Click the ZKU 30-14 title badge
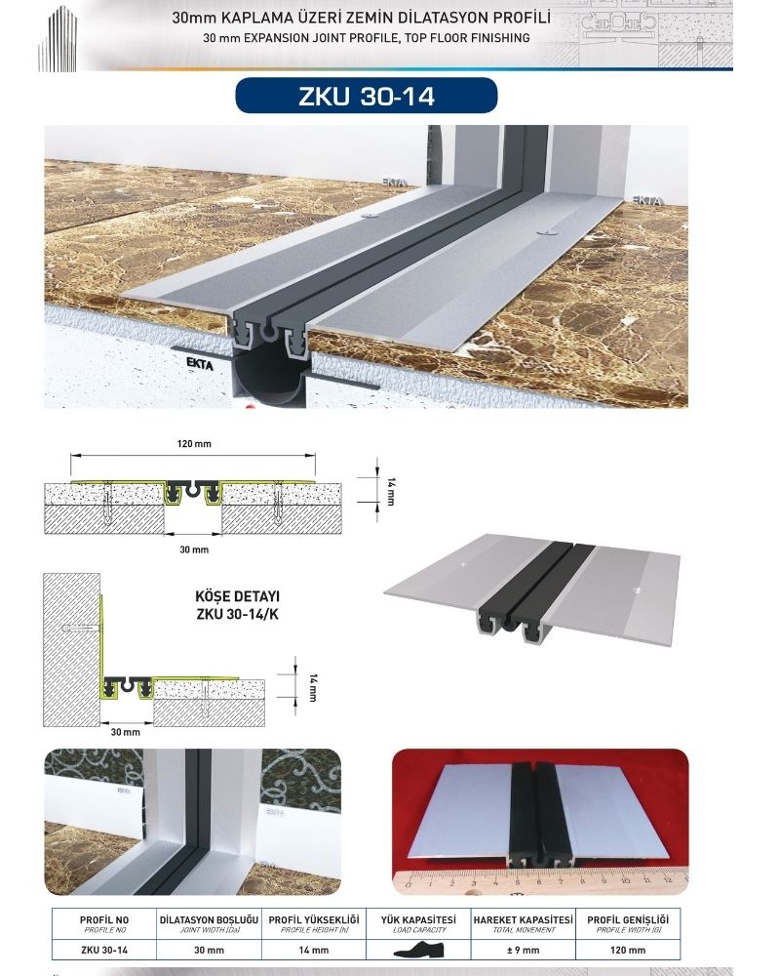click(x=367, y=96)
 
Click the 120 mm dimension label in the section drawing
click(x=194, y=444)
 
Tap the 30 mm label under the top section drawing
click(x=194, y=549)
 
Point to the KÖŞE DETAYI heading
click(x=237, y=596)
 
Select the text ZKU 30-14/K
click(x=237, y=614)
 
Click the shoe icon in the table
click(x=418, y=951)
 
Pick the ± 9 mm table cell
click(x=524, y=950)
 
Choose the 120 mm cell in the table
click(x=628, y=950)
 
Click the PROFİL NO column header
click(x=104, y=920)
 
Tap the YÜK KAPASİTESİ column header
click(x=418, y=920)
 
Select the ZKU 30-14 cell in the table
click(x=104, y=950)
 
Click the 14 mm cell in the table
click(x=314, y=950)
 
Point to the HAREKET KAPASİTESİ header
click(x=524, y=920)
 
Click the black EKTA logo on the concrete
click(x=200, y=363)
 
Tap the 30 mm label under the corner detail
click(x=125, y=732)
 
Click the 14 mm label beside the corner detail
click(x=313, y=687)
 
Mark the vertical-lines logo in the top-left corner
click(x=58, y=39)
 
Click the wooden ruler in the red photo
click(x=540, y=881)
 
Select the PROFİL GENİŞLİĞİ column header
click(x=628, y=920)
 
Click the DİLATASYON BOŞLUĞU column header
click(x=209, y=920)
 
